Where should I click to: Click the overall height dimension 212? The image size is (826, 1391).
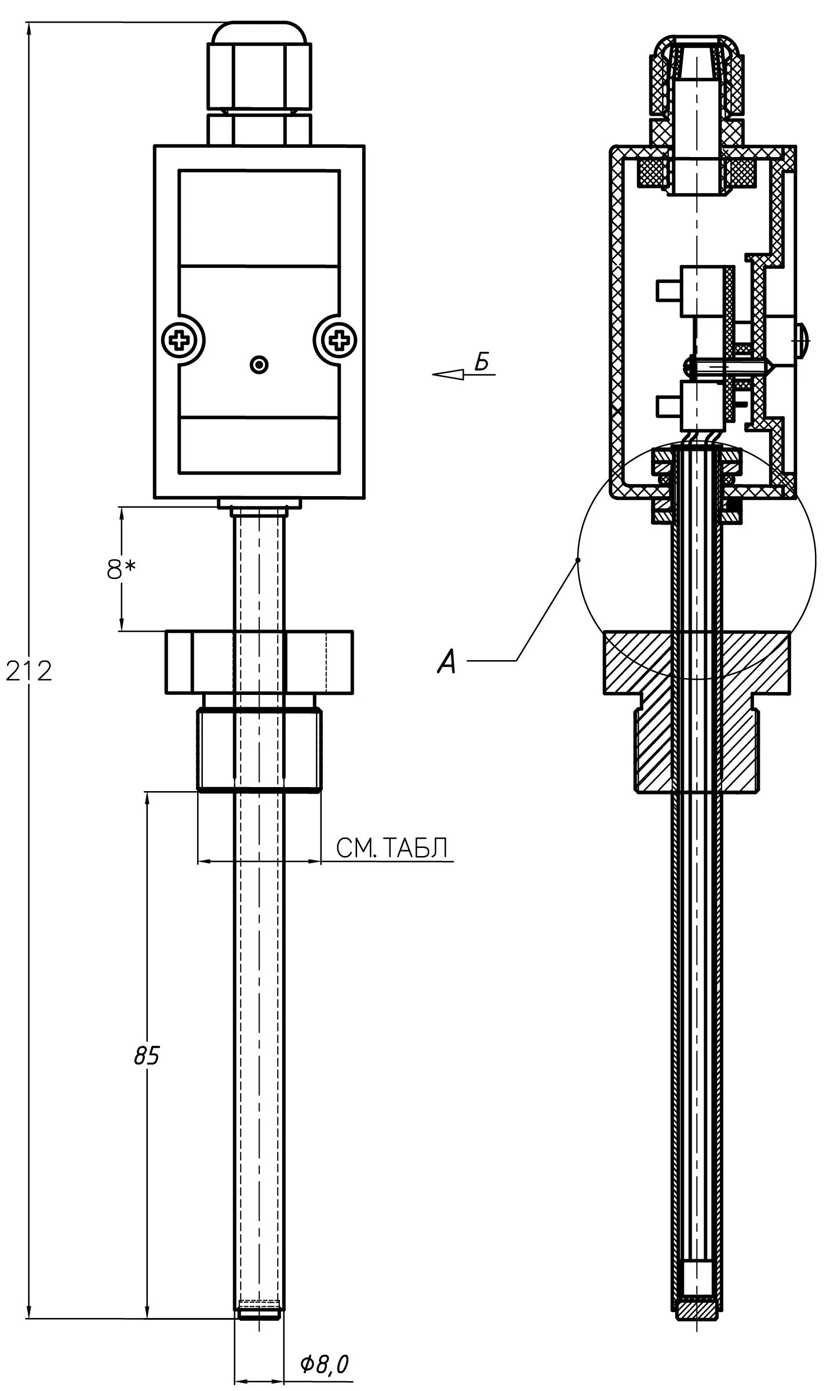(x=29, y=671)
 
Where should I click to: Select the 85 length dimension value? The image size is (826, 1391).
(x=147, y=1056)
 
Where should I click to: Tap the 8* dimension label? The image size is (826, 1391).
(x=122, y=570)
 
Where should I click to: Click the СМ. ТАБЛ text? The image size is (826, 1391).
(x=392, y=849)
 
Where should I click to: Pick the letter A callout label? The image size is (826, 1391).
(x=447, y=661)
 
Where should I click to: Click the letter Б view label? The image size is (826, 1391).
(x=482, y=362)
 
